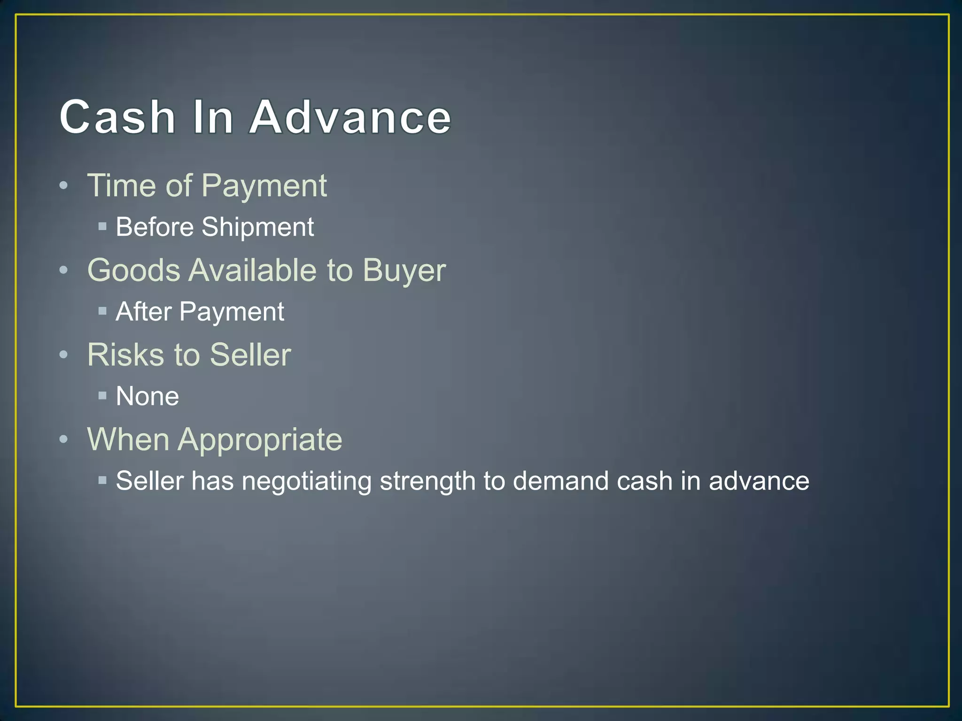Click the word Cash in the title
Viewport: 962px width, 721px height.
(117, 117)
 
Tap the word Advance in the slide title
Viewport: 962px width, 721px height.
(350, 117)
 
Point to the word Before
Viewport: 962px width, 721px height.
(155, 227)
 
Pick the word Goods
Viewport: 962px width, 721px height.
(134, 270)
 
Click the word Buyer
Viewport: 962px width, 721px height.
(404, 270)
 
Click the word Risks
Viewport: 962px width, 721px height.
(126, 355)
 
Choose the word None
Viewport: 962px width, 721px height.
(147, 397)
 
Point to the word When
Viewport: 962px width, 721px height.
(128, 440)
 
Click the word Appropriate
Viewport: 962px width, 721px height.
(260, 440)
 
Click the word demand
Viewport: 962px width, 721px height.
(560, 482)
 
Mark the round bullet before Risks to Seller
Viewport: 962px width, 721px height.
(64, 355)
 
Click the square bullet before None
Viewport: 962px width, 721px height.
(102, 396)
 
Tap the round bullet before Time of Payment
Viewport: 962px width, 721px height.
(64, 186)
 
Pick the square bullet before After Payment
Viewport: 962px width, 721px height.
(102, 311)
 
